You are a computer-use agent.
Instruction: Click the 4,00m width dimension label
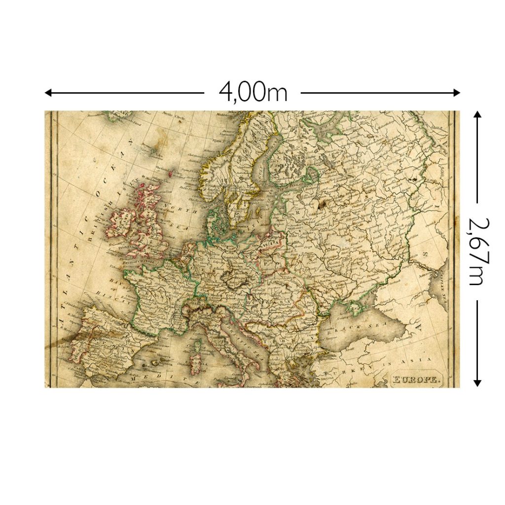coord(252,92)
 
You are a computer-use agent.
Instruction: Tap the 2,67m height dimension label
coord(476,252)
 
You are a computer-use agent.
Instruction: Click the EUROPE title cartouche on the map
coord(415,379)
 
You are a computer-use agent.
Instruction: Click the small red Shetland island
coord(171,174)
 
